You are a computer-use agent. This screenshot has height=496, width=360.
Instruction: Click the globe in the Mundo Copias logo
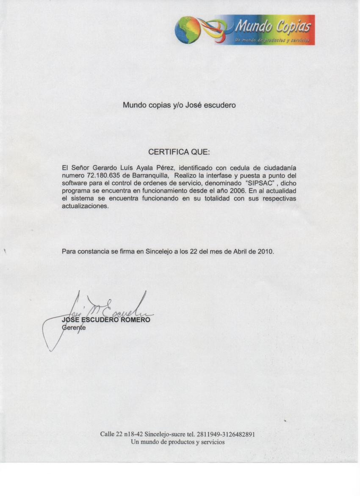point(188,30)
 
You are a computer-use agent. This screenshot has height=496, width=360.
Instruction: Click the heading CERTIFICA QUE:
point(179,152)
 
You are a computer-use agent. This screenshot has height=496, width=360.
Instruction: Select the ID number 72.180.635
point(104,175)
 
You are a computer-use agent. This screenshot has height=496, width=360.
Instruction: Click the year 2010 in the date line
point(266,251)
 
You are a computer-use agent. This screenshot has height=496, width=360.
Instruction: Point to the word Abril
point(242,251)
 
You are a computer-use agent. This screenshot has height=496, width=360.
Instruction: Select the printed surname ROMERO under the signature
point(135,320)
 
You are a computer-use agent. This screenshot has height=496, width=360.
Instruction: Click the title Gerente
point(74,328)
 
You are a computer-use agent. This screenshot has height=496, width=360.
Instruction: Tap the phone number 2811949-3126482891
point(225,434)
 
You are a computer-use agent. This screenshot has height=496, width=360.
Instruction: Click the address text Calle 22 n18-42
point(122,434)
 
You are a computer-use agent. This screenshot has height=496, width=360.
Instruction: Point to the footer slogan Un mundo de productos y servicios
point(178,442)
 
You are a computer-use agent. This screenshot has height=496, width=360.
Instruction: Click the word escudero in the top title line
point(219,105)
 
